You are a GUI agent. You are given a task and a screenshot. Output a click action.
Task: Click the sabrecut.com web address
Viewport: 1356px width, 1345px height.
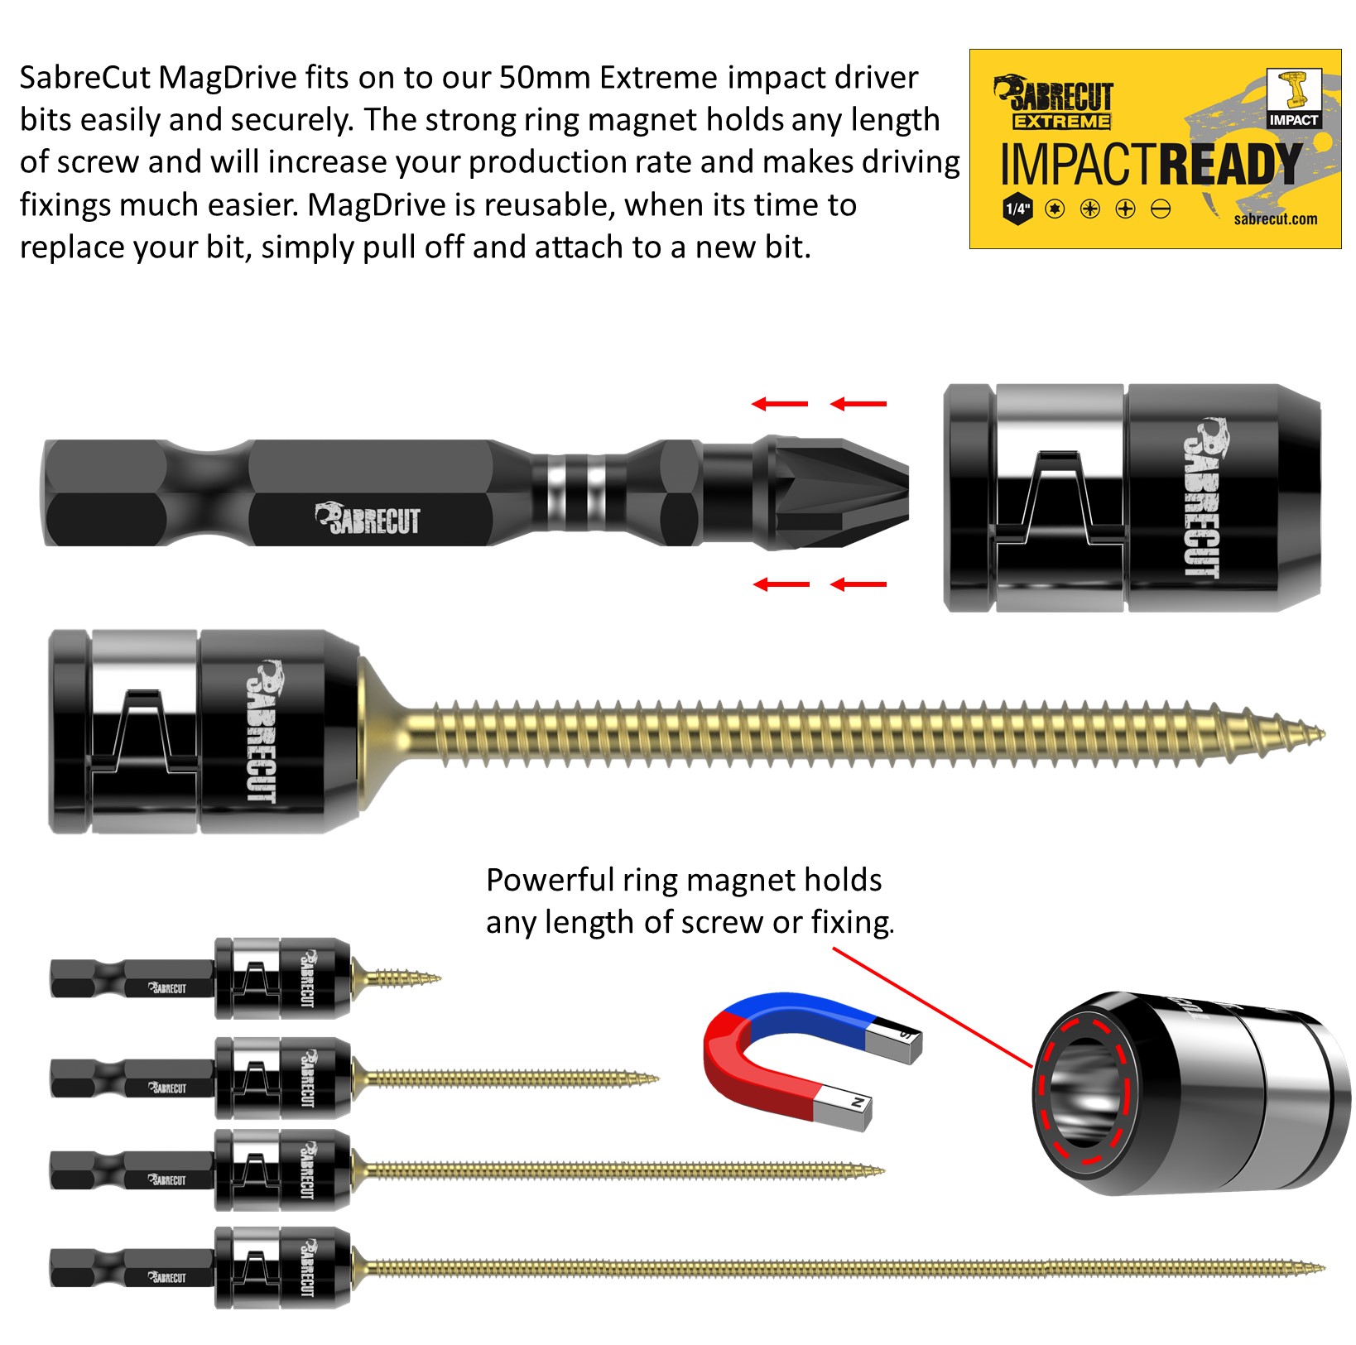pyautogui.click(x=1275, y=219)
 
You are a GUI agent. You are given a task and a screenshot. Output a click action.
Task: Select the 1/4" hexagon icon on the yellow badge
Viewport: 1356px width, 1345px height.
pyautogui.click(x=1017, y=209)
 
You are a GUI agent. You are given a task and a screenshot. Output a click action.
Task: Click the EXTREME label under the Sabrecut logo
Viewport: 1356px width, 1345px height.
pyautogui.click(x=1062, y=122)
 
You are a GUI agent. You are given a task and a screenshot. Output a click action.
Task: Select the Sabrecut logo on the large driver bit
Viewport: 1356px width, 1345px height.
pyautogui.click(x=367, y=519)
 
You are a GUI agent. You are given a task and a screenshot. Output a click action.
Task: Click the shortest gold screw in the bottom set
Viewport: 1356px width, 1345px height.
pyautogui.click(x=397, y=980)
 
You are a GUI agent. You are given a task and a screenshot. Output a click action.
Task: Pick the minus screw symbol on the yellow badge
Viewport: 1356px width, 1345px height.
pyautogui.click(x=1161, y=209)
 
